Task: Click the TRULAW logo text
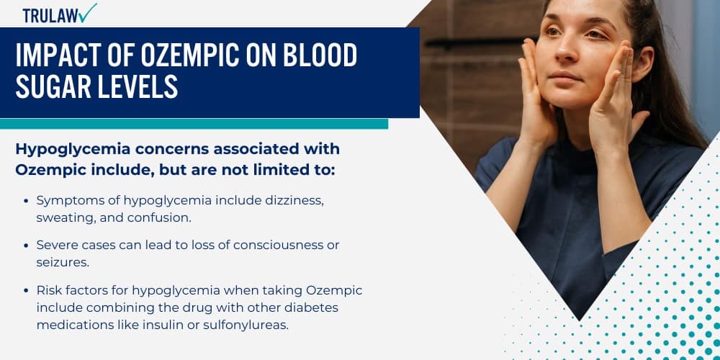click(x=50, y=15)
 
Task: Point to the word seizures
click(x=62, y=263)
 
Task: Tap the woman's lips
click(x=566, y=76)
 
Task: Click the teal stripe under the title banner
click(x=194, y=124)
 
